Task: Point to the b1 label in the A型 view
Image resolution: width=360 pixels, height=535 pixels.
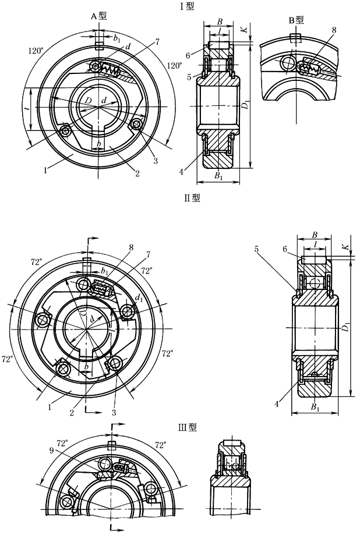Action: pos(118,40)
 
